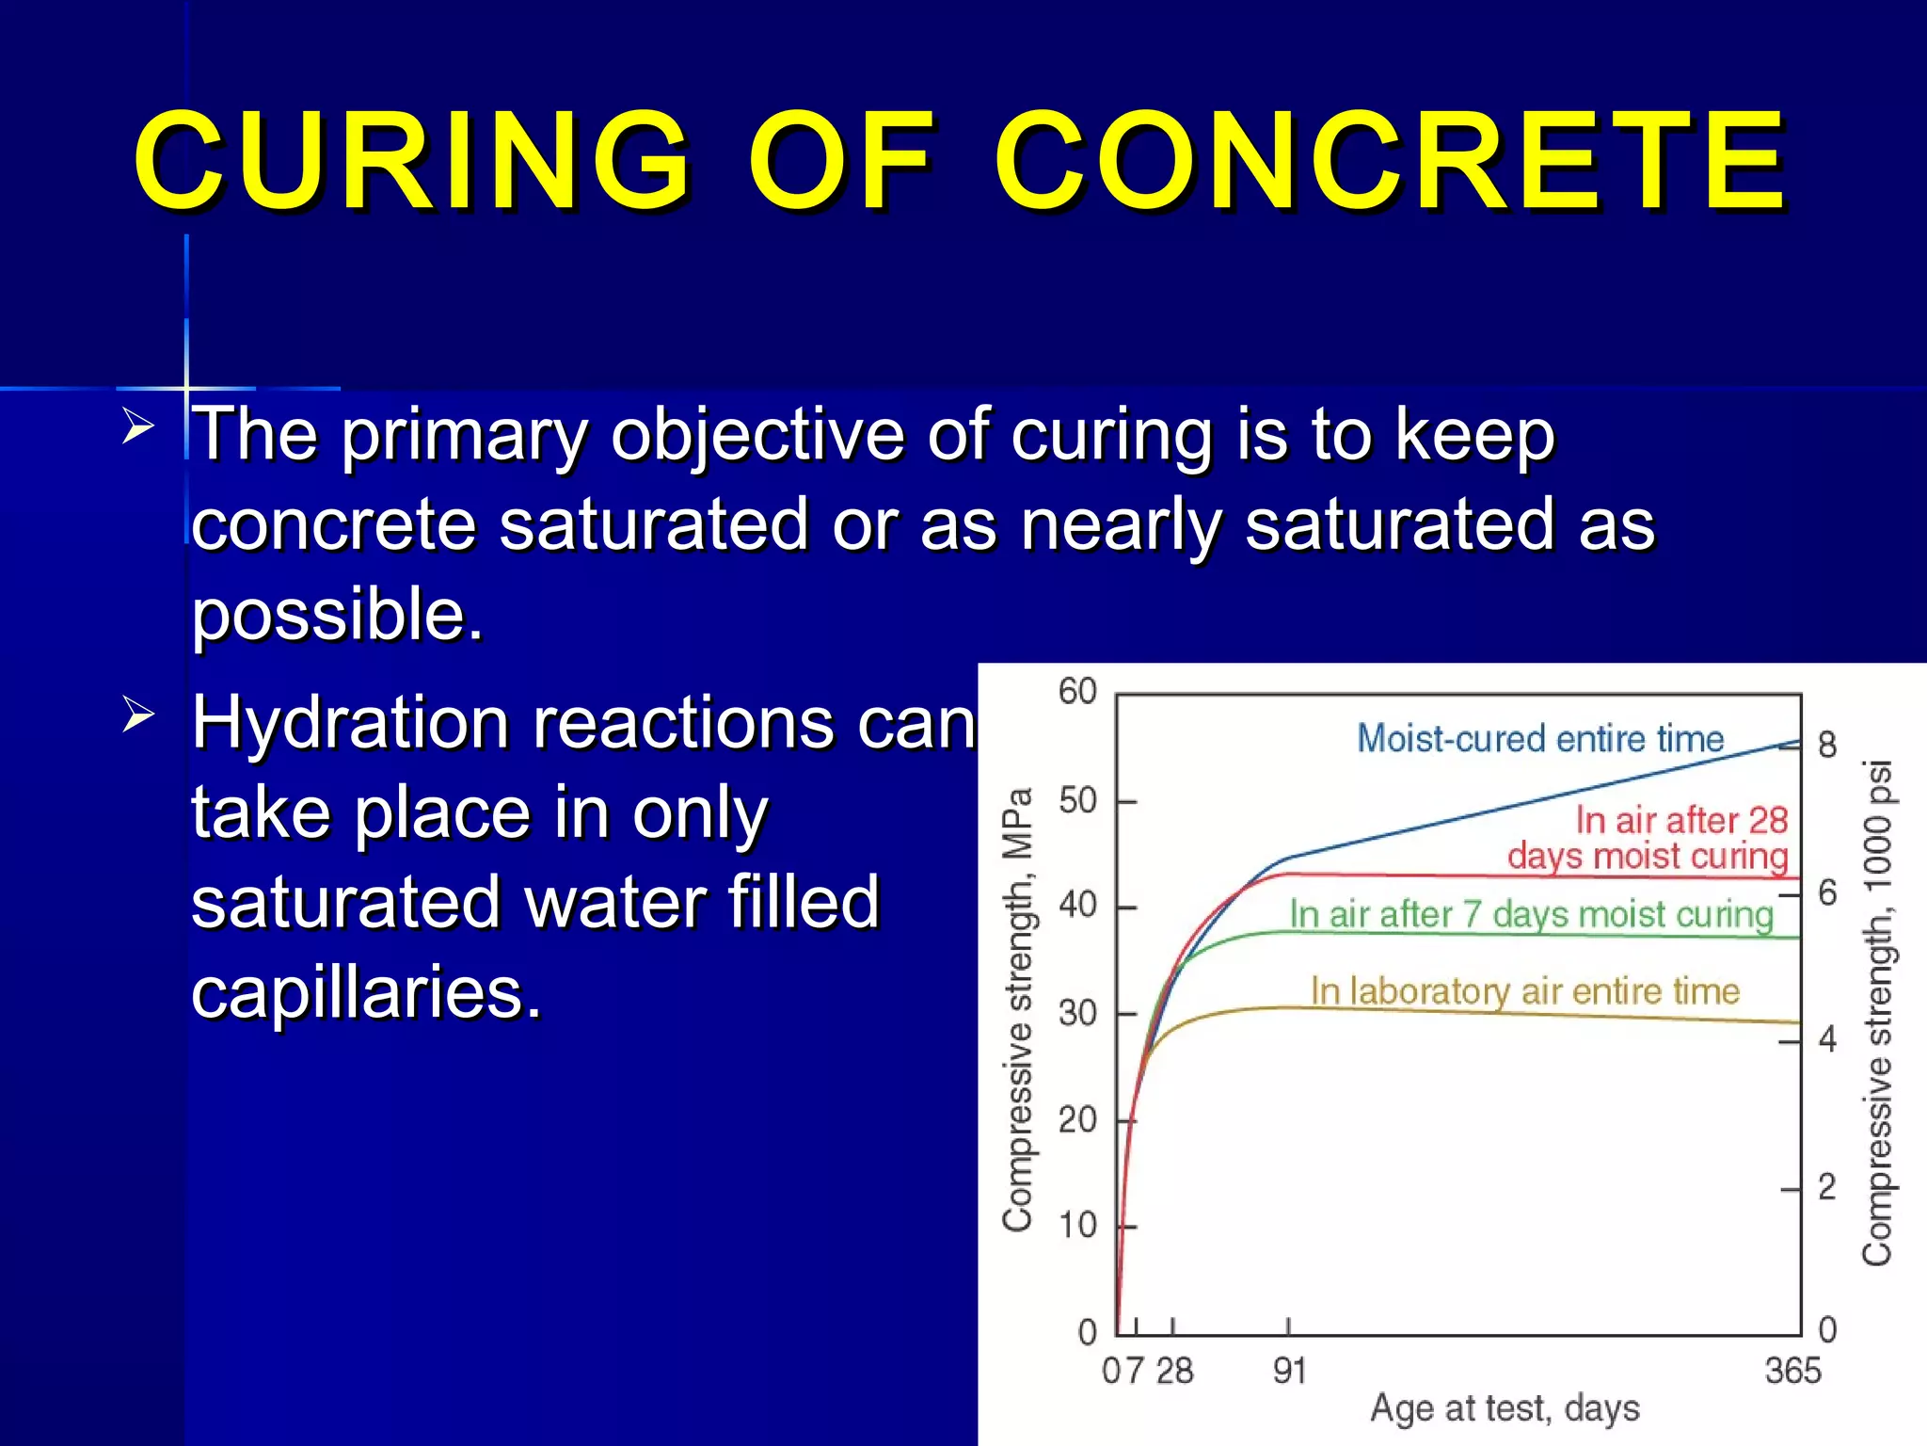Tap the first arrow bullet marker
[138, 427]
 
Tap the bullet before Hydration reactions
[138, 715]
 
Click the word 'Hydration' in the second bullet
[350, 723]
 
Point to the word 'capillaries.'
[367, 993]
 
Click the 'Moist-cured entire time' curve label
[1539, 739]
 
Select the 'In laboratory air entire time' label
[1524, 991]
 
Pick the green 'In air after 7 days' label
[1530, 914]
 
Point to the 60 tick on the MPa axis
[1078, 692]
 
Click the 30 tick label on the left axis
[1078, 1014]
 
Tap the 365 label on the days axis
[1792, 1371]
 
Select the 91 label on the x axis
[1289, 1371]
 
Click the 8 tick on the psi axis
[1827, 745]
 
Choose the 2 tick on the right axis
[1827, 1187]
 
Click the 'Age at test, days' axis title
[1504, 1409]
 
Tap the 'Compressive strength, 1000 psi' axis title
[1877, 1012]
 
